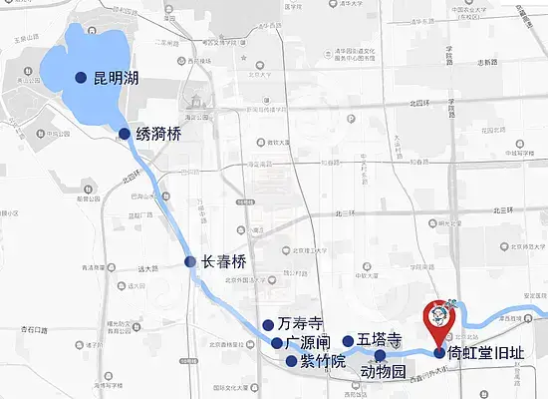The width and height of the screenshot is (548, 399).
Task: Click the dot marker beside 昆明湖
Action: (82, 78)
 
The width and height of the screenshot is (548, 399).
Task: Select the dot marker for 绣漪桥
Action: (125, 134)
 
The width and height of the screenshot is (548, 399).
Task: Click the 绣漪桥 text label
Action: (159, 134)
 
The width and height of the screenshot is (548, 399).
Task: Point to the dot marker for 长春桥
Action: (190, 262)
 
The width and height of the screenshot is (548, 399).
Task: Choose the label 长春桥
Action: (223, 262)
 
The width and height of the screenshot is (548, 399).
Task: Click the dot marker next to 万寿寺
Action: (267, 325)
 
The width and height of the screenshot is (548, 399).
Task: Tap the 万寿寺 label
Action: (301, 325)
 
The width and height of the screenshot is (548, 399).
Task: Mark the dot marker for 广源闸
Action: (277, 343)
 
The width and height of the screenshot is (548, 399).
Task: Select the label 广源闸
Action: (307, 343)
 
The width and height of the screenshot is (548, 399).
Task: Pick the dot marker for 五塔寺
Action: (348, 341)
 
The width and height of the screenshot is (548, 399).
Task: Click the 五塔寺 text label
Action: (380, 340)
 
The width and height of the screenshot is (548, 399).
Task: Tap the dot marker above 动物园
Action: (380, 355)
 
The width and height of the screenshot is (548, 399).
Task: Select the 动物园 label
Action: (384, 372)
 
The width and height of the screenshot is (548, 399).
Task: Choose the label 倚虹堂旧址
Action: (483, 353)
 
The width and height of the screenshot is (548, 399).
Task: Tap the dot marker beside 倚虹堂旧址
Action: (439, 352)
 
